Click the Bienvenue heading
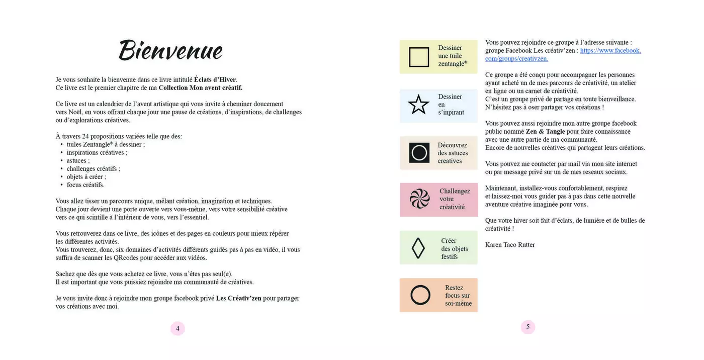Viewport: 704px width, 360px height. pyautogui.click(x=170, y=51)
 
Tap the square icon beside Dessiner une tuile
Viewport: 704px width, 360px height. pyautogui.click(x=419, y=57)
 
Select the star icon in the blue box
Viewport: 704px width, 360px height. pyautogui.click(x=418, y=105)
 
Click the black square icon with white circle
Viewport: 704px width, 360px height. pyautogui.click(x=419, y=152)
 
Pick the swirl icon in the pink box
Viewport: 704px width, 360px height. pyautogui.click(x=419, y=199)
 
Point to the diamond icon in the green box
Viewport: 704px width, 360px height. pyautogui.click(x=418, y=248)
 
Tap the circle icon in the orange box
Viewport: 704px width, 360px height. pyautogui.click(x=420, y=295)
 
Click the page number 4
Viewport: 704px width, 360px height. pyautogui.click(x=178, y=328)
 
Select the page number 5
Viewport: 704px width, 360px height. pyautogui.click(x=527, y=327)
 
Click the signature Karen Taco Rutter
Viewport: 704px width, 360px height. pyautogui.click(x=510, y=245)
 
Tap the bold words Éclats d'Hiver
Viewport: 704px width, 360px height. pyautogui.click(x=215, y=79)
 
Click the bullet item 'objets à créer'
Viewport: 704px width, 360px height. pyautogui.click(x=86, y=177)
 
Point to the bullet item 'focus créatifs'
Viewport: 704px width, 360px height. pyautogui.click(x=85, y=185)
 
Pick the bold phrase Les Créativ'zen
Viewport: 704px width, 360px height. pyautogui.click(x=238, y=298)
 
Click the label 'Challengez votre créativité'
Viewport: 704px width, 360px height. pyautogui.click(x=455, y=199)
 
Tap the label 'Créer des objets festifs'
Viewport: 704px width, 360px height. pyautogui.click(x=454, y=248)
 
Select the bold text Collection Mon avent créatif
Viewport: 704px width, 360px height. pyautogui.click(x=200, y=87)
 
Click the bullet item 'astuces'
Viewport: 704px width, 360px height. pyautogui.click(x=78, y=161)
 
